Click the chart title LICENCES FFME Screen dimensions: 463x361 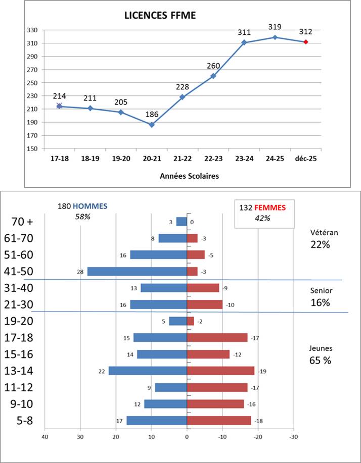(x=160, y=16)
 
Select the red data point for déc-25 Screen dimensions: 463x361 (x=306, y=42)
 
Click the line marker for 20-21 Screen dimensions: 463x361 (x=152, y=124)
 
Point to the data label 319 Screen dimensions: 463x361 (x=275, y=27)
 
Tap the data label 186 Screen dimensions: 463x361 (x=152, y=114)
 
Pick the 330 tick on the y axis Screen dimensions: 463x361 (x=32, y=30)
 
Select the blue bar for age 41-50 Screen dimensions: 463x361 (x=137, y=272)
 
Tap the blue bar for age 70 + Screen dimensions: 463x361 (x=182, y=222)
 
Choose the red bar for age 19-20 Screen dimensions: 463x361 (x=191, y=321)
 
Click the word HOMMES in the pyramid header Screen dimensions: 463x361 (x=91, y=206)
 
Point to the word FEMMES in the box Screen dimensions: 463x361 (x=269, y=207)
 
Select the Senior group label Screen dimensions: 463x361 (x=320, y=291)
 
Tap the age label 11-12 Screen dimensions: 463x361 (x=19, y=387)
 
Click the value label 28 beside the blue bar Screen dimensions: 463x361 (x=79, y=272)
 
